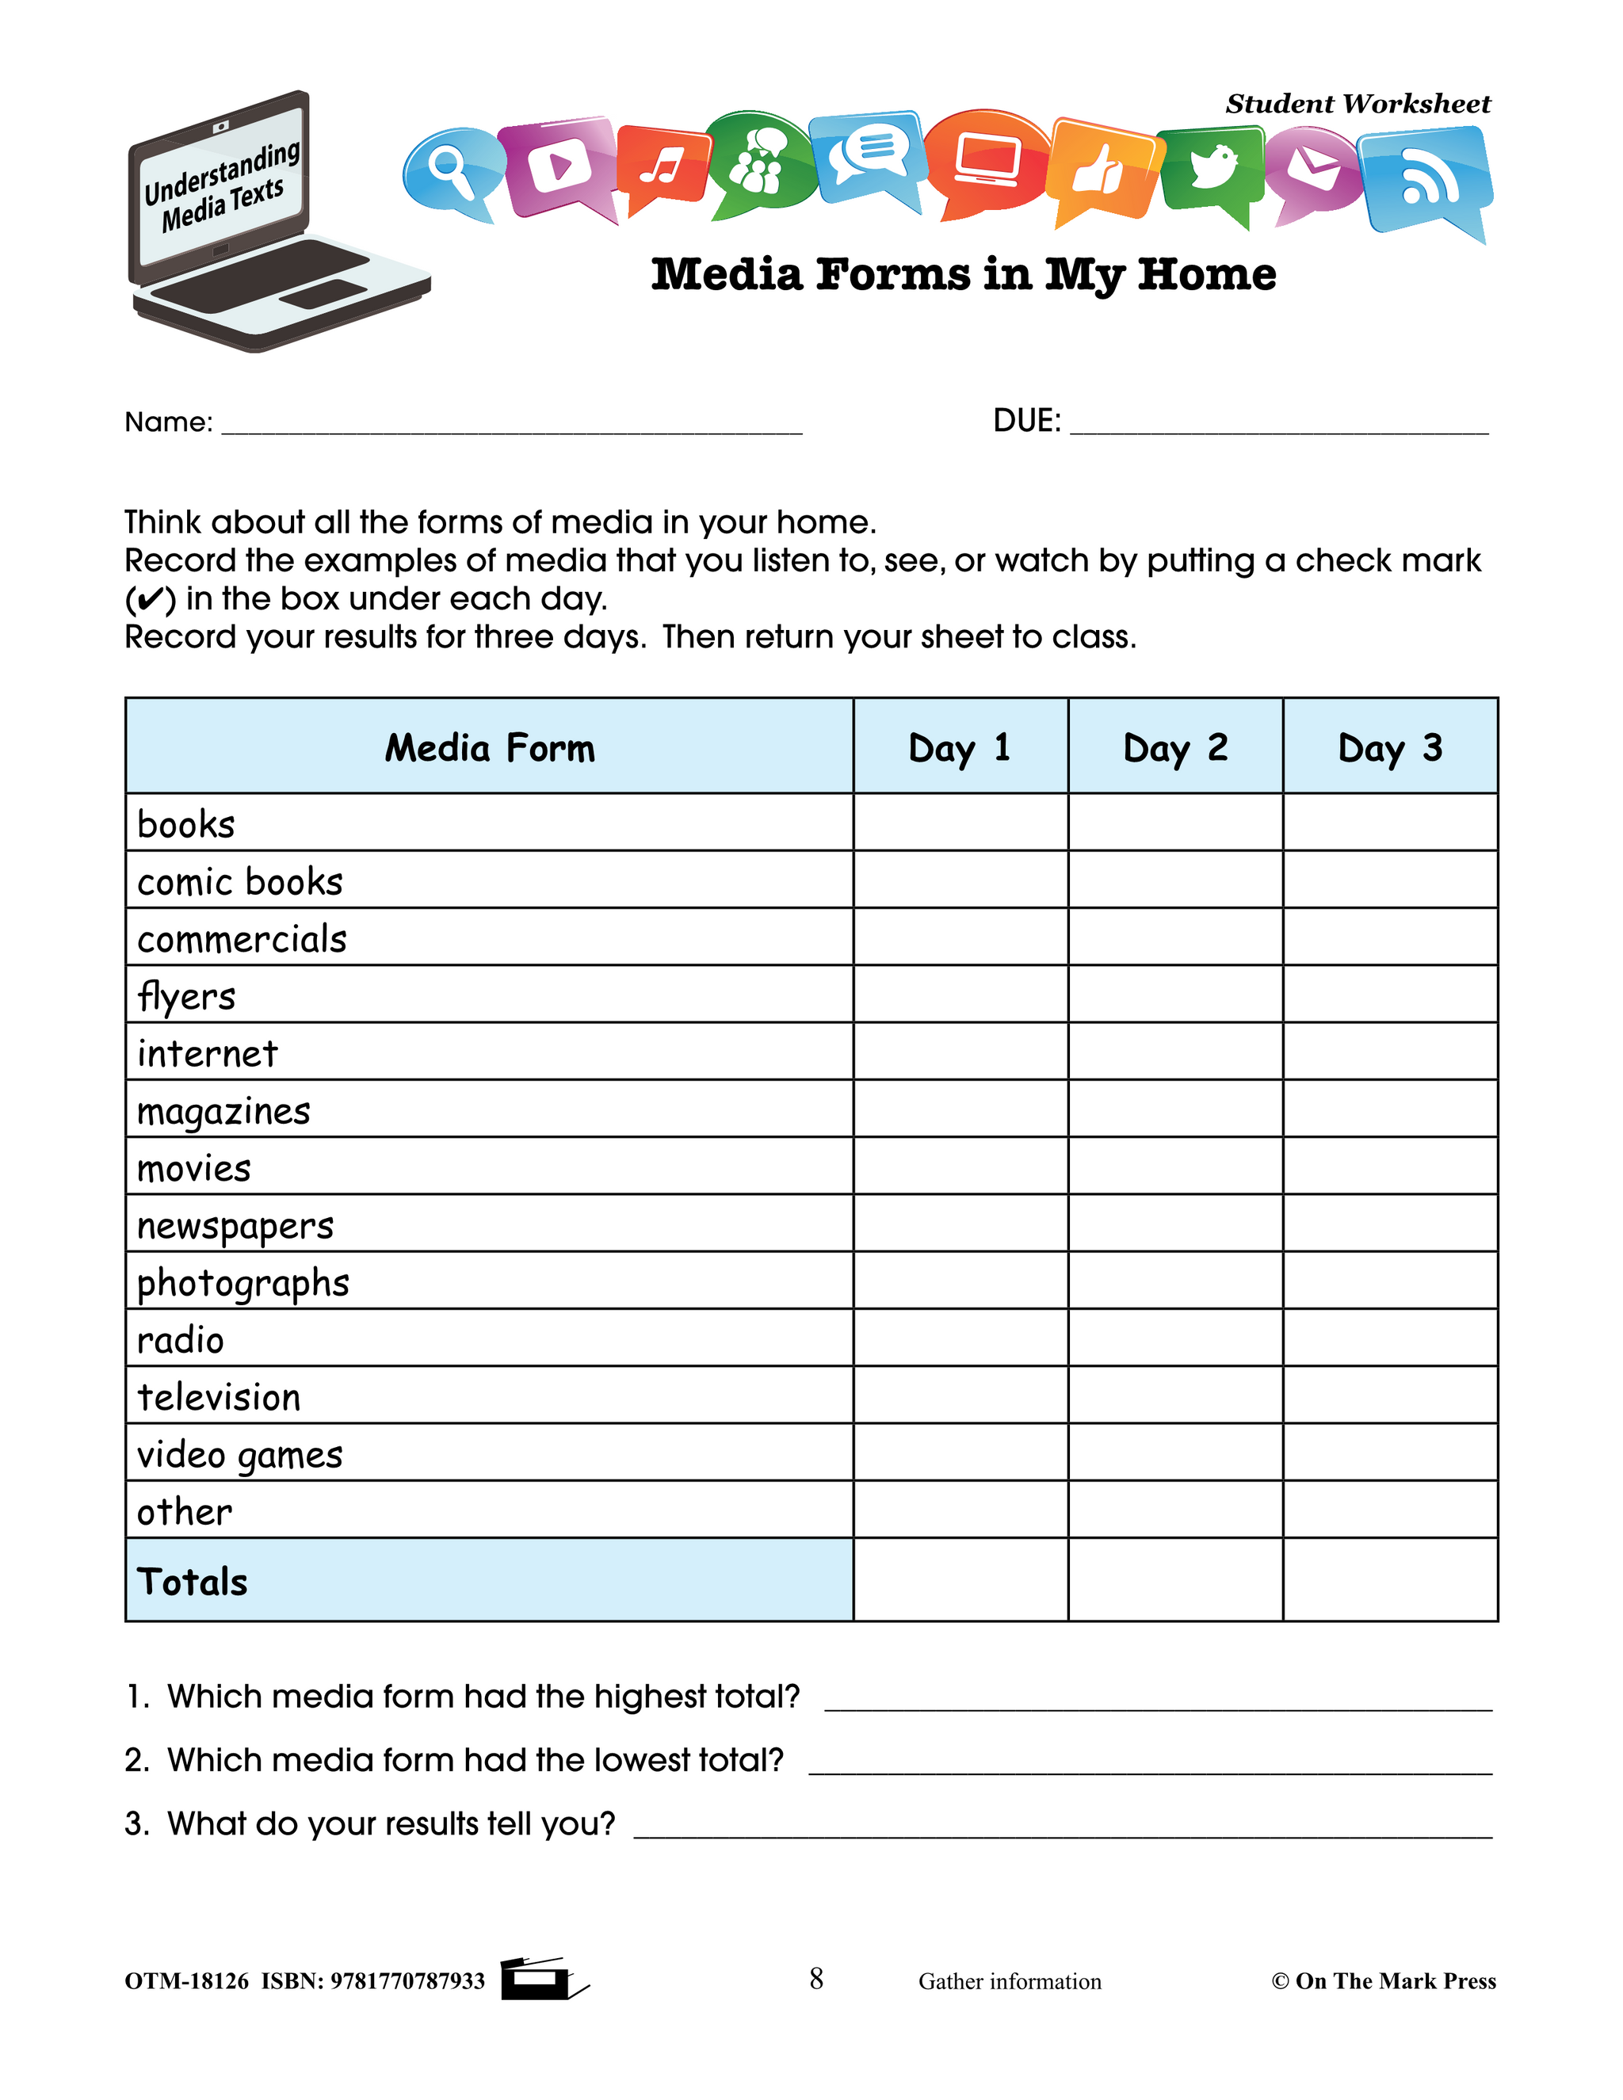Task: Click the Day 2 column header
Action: (x=1175, y=747)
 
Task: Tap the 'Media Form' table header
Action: (x=490, y=747)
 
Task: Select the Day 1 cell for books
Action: (x=960, y=822)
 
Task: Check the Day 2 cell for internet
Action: (x=1175, y=1051)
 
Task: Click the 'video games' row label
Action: (x=239, y=1455)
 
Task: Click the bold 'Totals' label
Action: (x=193, y=1582)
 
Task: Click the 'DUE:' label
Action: (x=1026, y=421)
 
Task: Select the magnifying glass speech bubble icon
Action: (x=450, y=171)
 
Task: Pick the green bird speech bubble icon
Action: (x=1212, y=167)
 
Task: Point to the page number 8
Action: (x=816, y=1979)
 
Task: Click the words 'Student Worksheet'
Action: (x=1357, y=104)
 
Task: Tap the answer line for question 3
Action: (x=1063, y=1829)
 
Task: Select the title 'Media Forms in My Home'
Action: (x=964, y=275)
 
